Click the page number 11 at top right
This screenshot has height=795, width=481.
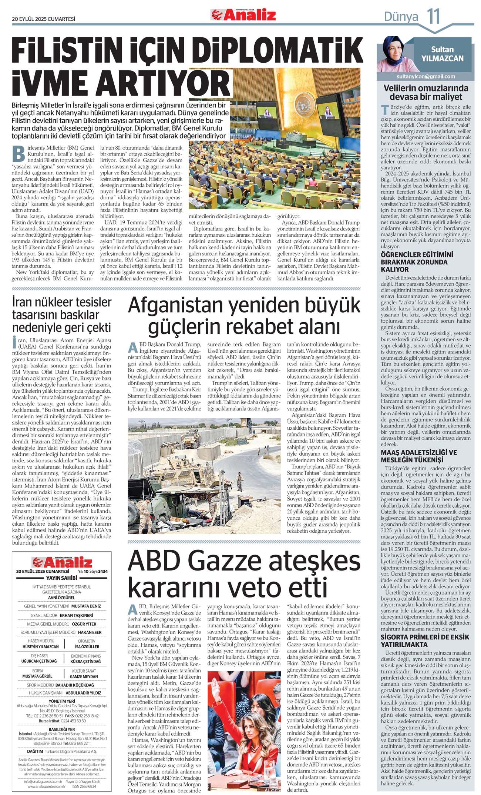pos(434,16)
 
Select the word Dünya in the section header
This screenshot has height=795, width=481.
pos(401,17)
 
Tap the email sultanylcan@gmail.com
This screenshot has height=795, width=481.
pos(425,77)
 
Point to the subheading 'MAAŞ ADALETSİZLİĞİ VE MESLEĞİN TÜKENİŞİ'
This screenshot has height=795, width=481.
pos(419,456)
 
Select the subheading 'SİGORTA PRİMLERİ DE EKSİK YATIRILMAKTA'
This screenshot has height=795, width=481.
pos(425,641)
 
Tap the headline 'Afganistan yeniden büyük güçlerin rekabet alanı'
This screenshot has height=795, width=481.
pos(244,316)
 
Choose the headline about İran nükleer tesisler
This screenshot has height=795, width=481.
pos(61,315)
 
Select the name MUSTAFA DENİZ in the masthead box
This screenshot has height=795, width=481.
pos(86,606)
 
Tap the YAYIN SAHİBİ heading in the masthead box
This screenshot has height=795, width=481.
pos(61,578)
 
